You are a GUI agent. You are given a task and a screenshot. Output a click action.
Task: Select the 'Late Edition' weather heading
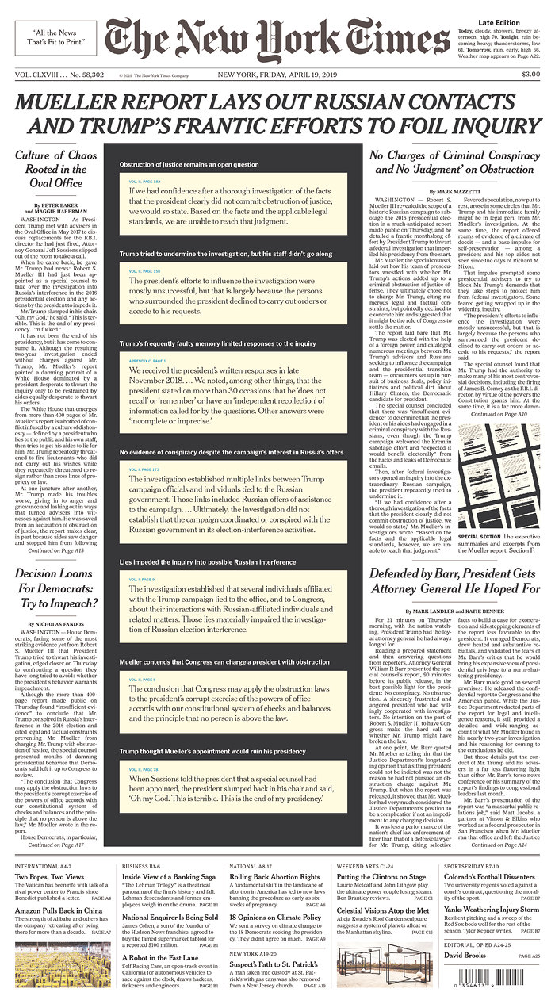point(499,21)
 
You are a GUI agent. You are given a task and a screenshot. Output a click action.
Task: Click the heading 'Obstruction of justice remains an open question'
point(189,164)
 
